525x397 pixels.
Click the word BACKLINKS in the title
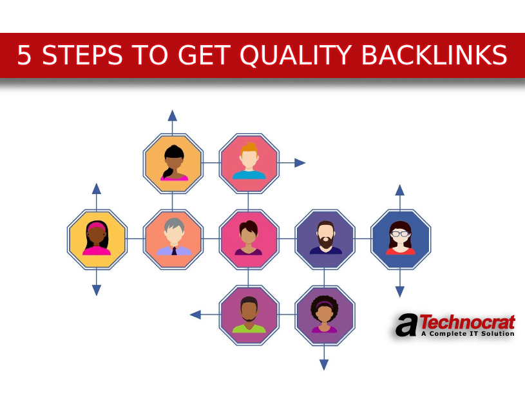[x=434, y=56]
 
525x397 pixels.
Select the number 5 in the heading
[x=24, y=56]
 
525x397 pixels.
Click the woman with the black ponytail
[x=173, y=163]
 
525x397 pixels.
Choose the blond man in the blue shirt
[x=249, y=163]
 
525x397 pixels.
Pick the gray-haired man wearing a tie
[x=173, y=238]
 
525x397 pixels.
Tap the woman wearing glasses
[x=400, y=238]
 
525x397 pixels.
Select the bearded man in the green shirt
[x=249, y=315]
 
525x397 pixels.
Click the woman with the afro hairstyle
[x=324, y=315]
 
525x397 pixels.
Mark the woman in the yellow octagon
[x=97, y=238]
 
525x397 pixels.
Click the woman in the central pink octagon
[x=249, y=238]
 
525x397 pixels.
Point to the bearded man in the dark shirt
[x=324, y=238]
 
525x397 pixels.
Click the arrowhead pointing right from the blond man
[x=300, y=163]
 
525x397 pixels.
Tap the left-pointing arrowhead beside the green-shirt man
[x=195, y=315]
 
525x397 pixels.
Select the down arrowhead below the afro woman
[x=324, y=365]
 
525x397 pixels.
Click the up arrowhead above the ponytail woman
[x=173, y=115]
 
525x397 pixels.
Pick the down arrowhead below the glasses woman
[x=400, y=291]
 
